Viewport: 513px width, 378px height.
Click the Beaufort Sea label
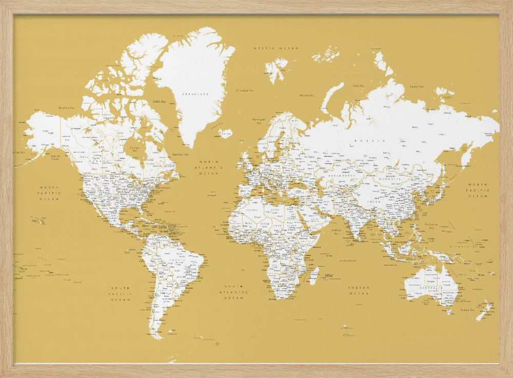click(67, 108)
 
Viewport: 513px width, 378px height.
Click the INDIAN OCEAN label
click(359, 290)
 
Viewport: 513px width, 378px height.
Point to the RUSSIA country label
click(372, 140)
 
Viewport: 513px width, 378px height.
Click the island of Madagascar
click(314, 275)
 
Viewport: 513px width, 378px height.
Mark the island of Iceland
click(225, 133)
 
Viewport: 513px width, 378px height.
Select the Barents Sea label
click(307, 95)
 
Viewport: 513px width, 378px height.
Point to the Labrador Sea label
click(180, 154)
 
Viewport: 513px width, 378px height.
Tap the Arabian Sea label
click(337, 231)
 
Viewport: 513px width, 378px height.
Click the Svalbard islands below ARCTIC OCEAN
click(276, 69)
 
